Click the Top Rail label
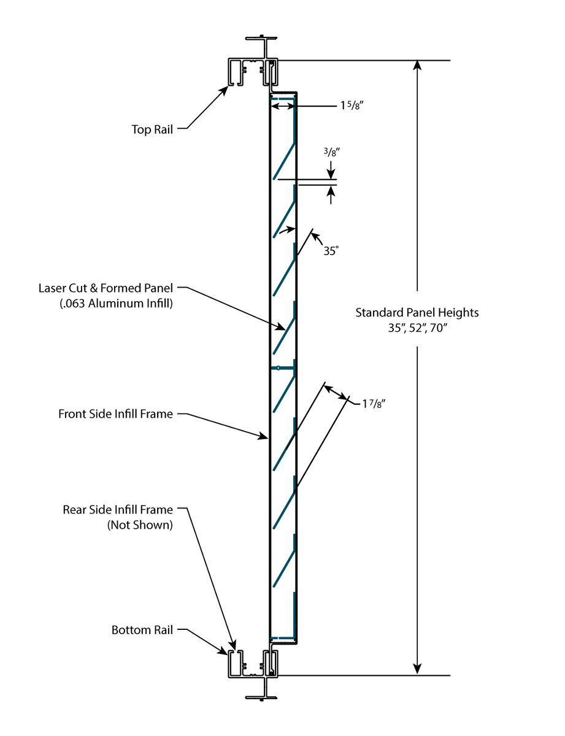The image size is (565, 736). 152,129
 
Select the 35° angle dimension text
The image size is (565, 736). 331,250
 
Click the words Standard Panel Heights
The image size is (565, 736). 417,313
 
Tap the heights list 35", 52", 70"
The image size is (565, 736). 417,327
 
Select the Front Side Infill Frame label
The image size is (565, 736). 115,413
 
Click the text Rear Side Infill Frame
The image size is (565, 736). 118,510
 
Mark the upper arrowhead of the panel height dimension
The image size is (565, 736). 418,66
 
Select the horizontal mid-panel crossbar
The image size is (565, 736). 283,367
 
